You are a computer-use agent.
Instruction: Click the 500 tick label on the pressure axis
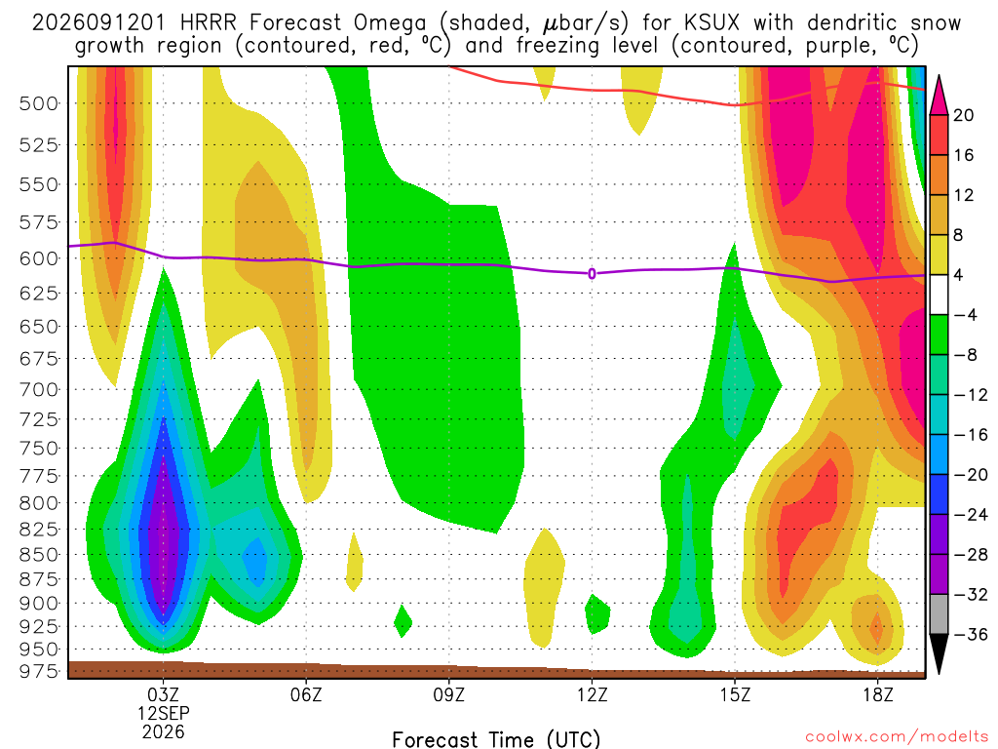[x=38, y=103]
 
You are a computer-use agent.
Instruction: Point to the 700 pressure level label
[x=38, y=389]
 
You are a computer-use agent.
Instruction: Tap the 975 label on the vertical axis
[x=38, y=671]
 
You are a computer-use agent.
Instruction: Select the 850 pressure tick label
[x=38, y=554]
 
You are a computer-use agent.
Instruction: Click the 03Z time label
[x=164, y=694]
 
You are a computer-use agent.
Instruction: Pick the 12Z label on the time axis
[x=592, y=694]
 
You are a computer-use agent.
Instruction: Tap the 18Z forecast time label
[x=877, y=694]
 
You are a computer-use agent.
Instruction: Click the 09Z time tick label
[x=448, y=694]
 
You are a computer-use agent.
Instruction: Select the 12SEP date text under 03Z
[x=164, y=713]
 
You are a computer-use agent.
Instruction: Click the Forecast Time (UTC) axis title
[x=496, y=739]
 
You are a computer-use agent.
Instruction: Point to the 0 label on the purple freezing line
[x=592, y=274]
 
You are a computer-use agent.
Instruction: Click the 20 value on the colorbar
[x=963, y=115]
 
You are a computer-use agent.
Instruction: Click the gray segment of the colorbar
[x=939, y=614]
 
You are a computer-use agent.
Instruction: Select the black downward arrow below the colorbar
[x=939, y=652]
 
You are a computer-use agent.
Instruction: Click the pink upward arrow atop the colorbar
[x=939, y=96]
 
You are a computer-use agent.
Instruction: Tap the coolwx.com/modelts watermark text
[x=897, y=737]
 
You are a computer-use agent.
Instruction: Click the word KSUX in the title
[x=712, y=23]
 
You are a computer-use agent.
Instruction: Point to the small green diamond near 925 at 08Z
[x=403, y=621]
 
